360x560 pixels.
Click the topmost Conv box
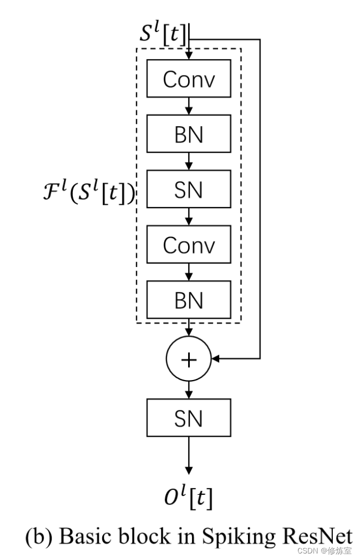(189, 79)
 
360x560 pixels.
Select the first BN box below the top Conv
(189, 134)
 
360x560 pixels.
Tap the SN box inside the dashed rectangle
(189, 190)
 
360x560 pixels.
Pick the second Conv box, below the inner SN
(189, 245)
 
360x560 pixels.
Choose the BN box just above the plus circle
(189, 300)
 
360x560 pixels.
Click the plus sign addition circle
(188, 359)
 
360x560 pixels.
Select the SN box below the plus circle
(189, 418)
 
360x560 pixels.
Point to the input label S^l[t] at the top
(163, 34)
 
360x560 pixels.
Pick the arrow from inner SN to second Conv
(189, 217)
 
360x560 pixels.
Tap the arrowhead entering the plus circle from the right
(215, 359)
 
